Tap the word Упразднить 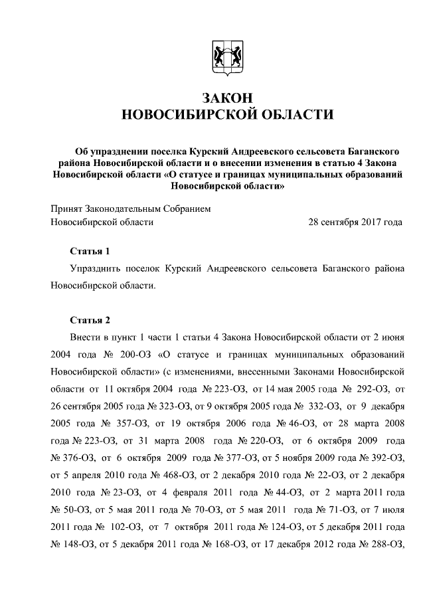(94, 268)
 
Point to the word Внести (84, 337)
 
